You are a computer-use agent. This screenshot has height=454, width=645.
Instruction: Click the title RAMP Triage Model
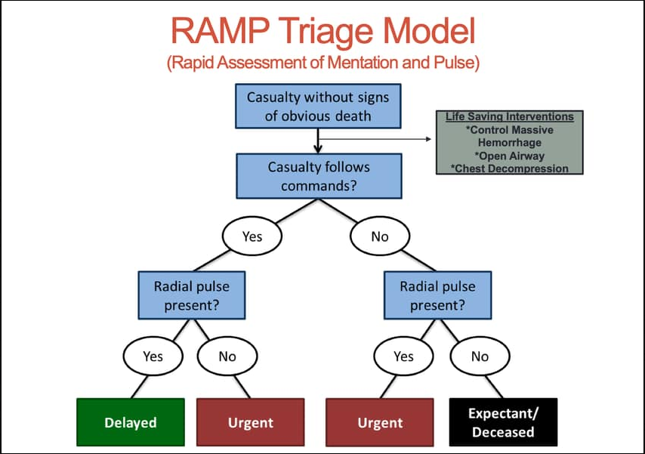323,31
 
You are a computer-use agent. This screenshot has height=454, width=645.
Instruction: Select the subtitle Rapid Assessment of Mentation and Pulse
323,63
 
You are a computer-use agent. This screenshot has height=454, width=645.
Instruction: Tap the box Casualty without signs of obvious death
318,107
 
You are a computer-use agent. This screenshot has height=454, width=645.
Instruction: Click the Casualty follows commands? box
319,176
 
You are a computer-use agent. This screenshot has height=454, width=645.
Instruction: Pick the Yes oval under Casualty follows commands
252,236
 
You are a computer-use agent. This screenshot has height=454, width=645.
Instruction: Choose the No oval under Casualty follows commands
380,236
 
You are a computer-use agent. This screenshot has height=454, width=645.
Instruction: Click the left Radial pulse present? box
192,295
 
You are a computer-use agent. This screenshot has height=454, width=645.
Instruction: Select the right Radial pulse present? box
438,295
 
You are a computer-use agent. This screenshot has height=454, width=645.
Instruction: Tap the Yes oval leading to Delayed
153,356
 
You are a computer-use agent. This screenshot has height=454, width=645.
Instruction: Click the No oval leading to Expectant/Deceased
480,356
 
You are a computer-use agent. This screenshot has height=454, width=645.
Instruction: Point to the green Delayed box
131,422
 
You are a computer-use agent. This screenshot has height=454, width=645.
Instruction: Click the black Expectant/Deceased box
503,422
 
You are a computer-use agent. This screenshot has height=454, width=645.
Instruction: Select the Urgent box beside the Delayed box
251,422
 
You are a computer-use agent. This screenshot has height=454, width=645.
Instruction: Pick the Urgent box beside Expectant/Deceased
380,422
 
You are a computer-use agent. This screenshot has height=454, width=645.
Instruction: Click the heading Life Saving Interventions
510,117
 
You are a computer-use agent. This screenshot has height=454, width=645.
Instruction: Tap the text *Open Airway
510,156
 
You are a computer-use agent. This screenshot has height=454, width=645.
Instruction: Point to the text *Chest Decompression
510,168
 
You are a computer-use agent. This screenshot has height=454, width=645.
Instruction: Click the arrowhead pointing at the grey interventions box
429,139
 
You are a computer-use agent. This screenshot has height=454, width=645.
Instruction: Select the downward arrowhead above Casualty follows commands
318,149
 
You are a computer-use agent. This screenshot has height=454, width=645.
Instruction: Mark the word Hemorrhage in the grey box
510,143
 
